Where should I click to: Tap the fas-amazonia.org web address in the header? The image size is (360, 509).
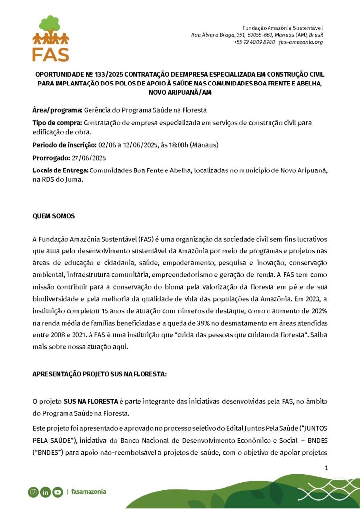(301, 42)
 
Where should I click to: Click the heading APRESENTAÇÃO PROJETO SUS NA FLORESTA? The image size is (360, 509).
(99, 373)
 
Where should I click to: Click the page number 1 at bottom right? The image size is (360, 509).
(326, 468)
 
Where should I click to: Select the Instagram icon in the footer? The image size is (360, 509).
(33, 492)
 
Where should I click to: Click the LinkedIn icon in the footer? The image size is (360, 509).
(45, 492)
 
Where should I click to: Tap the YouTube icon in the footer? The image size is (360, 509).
(57, 492)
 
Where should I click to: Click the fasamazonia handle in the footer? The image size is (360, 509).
(88, 492)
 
